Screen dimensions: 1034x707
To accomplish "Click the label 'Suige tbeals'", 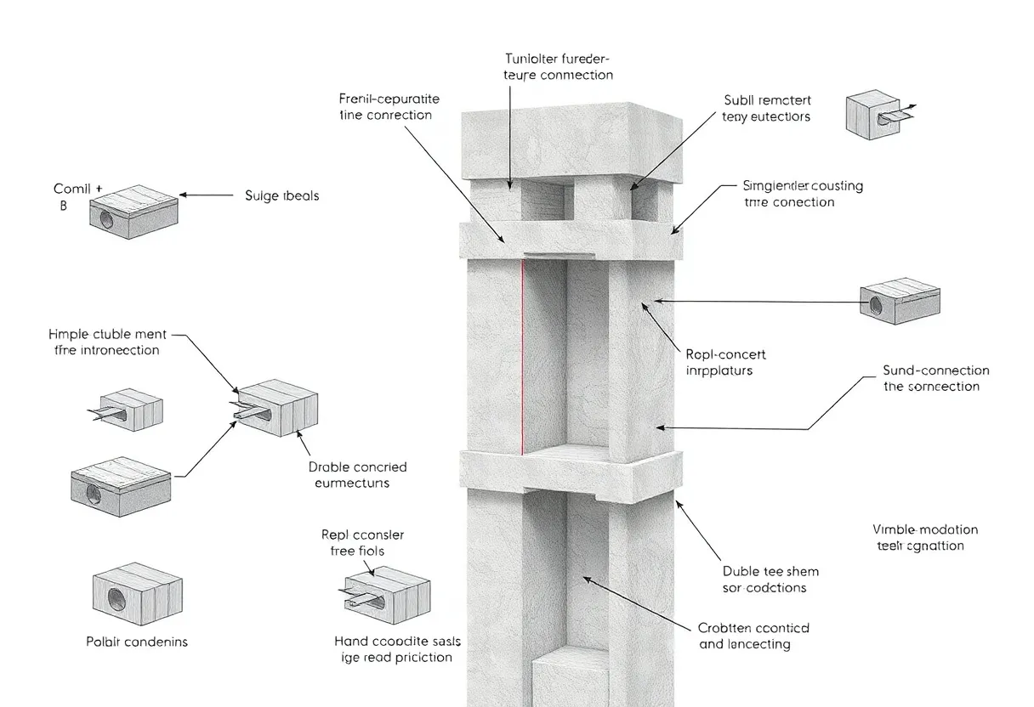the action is [282, 195].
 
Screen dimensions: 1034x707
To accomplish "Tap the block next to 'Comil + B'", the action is [134, 212].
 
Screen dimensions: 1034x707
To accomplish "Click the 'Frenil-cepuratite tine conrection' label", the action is [385, 106].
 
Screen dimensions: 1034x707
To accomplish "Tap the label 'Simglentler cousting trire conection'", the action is [790, 194].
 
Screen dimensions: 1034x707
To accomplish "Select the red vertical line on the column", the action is [521, 357].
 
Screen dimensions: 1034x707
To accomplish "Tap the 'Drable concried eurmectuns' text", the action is [357, 474].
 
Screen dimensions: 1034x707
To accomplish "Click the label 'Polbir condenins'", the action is [136, 642].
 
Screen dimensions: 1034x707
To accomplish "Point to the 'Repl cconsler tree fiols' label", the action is [363, 543].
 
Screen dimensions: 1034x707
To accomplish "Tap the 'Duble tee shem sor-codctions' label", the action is [770, 580].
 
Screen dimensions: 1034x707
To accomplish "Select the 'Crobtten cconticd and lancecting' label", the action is [753, 636].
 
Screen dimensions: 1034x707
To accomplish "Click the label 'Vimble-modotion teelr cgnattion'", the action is [926, 538].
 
